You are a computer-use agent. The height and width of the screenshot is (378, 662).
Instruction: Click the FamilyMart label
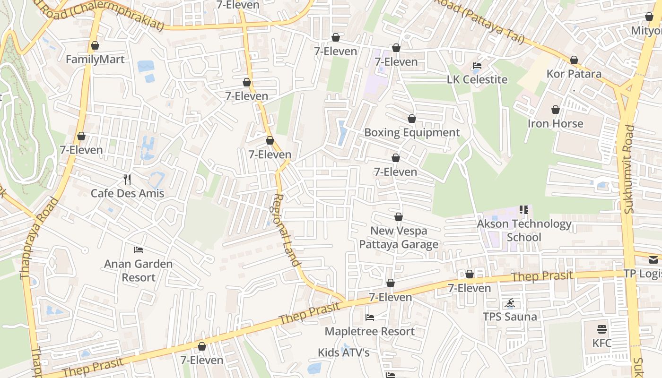[95, 60]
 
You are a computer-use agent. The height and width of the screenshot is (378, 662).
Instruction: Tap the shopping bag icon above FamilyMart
[95, 46]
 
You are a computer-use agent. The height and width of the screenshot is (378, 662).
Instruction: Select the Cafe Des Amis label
[127, 193]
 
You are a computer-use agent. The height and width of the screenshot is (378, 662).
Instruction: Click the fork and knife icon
[127, 179]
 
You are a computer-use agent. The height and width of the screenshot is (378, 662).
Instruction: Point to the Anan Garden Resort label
[139, 270]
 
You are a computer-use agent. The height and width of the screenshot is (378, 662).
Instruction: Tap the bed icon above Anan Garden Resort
[139, 249]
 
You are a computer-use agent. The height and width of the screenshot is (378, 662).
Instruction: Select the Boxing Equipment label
[411, 132]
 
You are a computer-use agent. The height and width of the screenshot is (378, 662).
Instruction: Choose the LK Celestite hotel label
[477, 79]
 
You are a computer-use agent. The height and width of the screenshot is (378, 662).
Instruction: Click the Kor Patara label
[574, 74]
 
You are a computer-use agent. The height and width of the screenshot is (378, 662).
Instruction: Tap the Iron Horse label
[555, 123]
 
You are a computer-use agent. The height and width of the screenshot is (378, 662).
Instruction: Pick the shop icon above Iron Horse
[556, 110]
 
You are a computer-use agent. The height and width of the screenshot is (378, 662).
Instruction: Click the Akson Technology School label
[524, 230]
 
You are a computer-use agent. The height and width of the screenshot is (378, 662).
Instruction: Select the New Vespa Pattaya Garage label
[399, 237]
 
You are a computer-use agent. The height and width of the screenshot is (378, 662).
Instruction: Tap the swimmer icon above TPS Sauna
[510, 303]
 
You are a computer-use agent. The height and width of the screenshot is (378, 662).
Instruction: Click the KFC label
[601, 343]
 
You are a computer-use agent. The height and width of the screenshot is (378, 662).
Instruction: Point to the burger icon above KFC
[602, 329]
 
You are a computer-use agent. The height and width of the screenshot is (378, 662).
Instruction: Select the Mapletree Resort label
[369, 331]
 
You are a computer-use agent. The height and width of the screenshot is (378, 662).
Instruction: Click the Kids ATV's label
[343, 352]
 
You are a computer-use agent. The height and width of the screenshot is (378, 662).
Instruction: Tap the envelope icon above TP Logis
[653, 259]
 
